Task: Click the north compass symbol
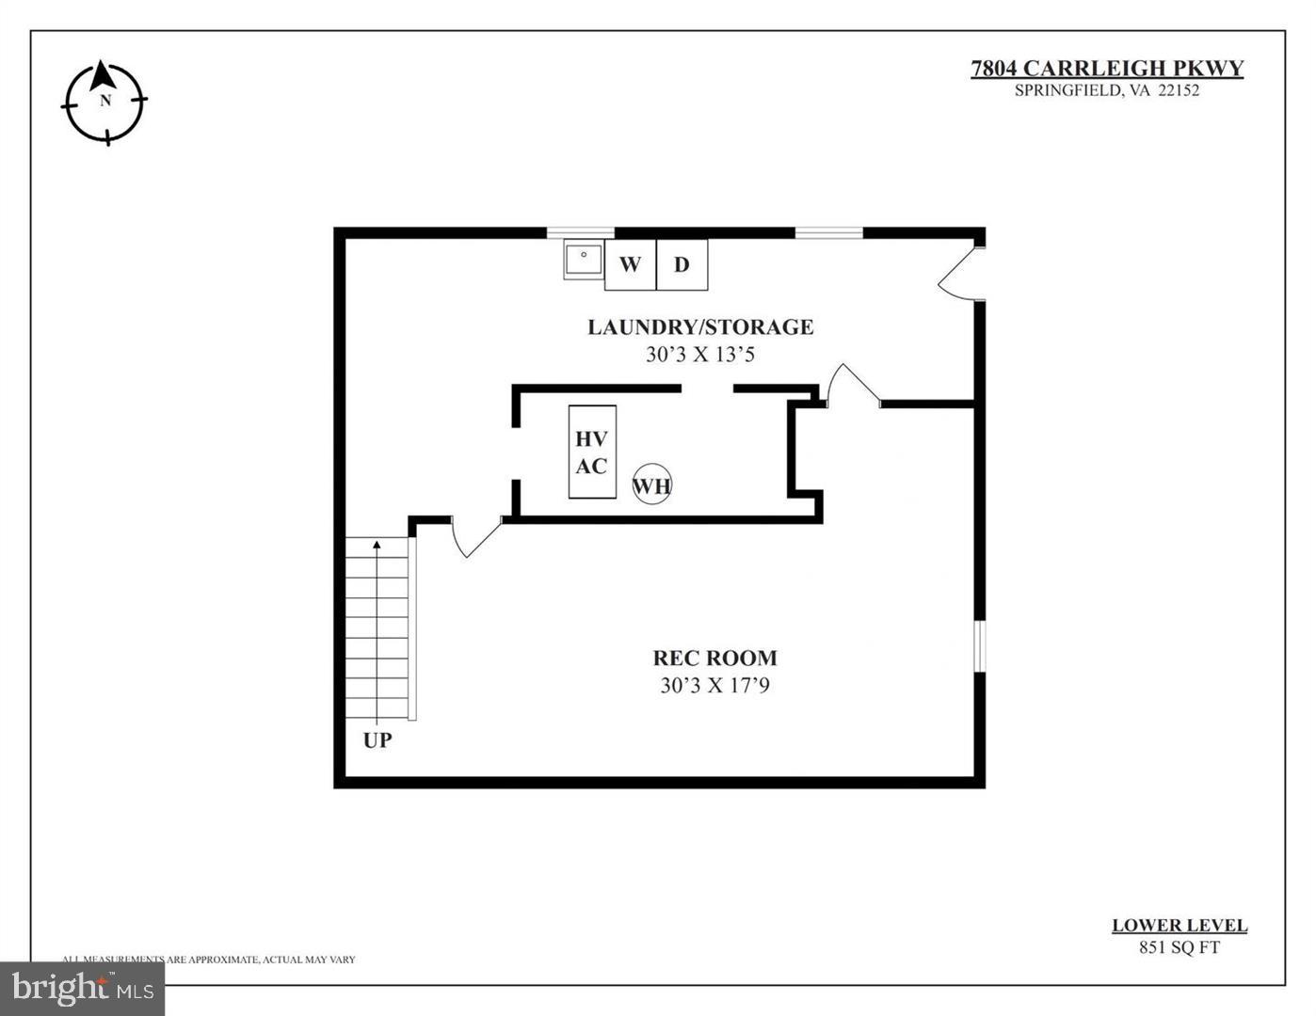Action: click(x=104, y=102)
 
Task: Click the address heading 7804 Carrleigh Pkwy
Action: click(x=1107, y=69)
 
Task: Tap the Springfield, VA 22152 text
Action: click(x=1107, y=91)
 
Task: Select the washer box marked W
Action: click(x=630, y=264)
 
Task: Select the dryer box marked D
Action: click(x=682, y=264)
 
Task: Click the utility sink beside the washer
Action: click(x=584, y=259)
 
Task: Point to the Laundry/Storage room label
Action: click(x=700, y=327)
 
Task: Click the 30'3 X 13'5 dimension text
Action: click(x=700, y=355)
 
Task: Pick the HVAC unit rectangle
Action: click(x=592, y=452)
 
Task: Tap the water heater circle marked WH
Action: click(x=651, y=484)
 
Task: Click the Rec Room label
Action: click(x=715, y=659)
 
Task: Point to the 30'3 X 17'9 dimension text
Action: click(x=715, y=686)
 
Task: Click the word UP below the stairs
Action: click(x=377, y=740)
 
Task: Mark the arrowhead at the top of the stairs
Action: click(x=377, y=545)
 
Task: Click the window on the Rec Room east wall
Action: click(x=979, y=645)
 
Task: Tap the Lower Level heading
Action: click(x=1180, y=926)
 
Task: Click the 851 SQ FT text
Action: click(x=1180, y=947)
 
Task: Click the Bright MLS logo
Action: click(x=83, y=988)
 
